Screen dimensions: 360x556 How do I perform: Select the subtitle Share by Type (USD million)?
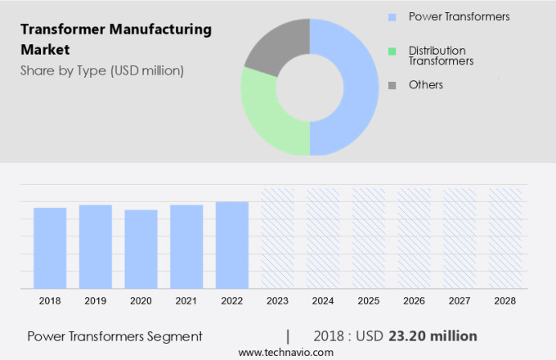(x=102, y=70)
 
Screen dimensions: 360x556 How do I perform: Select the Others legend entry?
(x=425, y=85)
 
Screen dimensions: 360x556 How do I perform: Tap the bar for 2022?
(x=232, y=245)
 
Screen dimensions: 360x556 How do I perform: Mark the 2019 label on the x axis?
(x=96, y=301)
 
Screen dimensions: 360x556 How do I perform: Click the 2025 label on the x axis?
(x=368, y=301)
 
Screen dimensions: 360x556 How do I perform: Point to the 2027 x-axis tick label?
(x=460, y=301)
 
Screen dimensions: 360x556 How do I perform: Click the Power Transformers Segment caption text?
(x=114, y=336)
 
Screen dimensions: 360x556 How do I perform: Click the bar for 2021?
(x=186, y=246)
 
